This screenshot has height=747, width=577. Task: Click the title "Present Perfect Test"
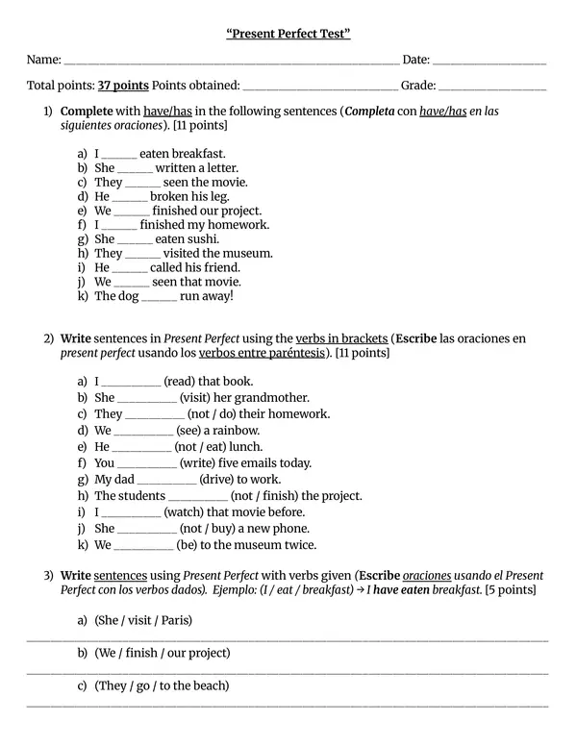click(x=288, y=35)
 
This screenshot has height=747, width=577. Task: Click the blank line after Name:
click(x=230, y=62)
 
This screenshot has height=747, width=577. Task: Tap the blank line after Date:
click(x=489, y=62)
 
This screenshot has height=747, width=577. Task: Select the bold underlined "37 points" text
click(x=123, y=86)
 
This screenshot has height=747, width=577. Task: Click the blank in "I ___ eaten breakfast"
click(x=119, y=154)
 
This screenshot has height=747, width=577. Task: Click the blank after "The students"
click(x=197, y=496)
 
